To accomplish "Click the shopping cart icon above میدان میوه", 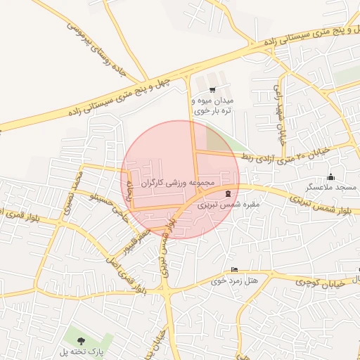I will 212,89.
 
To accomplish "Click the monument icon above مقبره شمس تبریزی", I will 227,193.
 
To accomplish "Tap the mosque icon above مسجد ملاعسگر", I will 330,176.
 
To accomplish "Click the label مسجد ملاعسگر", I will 330,188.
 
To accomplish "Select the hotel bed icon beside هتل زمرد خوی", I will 234,270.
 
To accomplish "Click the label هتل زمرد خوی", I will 234,281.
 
